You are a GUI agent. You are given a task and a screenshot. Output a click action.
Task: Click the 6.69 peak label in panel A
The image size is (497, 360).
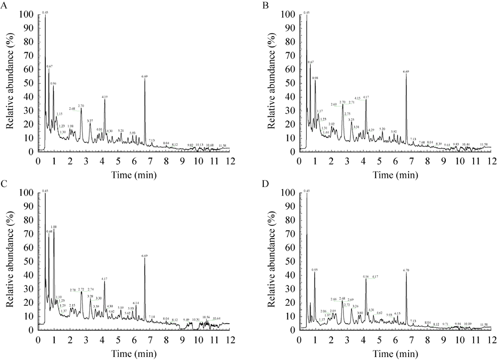145,77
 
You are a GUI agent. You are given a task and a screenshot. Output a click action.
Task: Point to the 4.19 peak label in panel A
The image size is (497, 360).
104,97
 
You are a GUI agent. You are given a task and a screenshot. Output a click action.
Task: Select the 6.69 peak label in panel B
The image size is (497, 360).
406,72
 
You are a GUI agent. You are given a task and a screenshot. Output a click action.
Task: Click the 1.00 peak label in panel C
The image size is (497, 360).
54,227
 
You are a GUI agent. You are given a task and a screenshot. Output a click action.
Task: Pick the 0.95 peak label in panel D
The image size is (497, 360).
314,270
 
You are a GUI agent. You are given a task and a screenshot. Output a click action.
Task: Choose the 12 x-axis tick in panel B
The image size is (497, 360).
491,161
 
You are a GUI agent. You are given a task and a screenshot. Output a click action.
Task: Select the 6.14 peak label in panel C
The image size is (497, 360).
136,303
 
